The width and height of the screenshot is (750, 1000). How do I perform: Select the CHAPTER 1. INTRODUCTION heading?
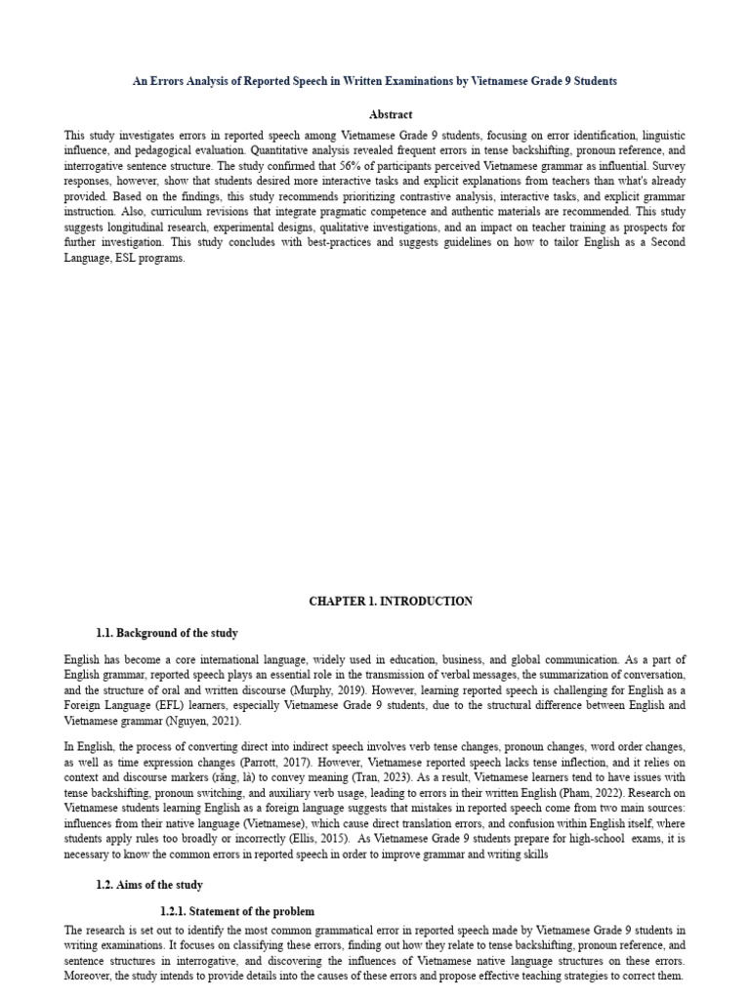(x=391, y=602)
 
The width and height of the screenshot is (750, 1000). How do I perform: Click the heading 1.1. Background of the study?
(x=167, y=634)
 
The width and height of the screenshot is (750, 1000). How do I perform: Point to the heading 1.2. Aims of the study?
(x=149, y=885)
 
